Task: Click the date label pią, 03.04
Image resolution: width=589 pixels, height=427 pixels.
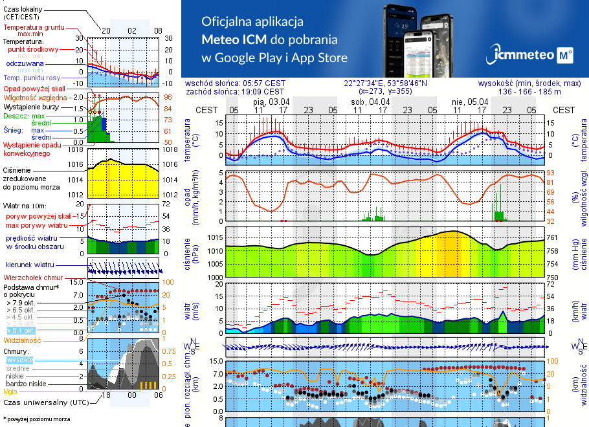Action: pyautogui.click(x=271, y=102)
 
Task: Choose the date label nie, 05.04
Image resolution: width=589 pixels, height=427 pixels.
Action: pyautogui.click(x=469, y=102)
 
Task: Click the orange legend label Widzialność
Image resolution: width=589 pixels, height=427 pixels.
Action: pyautogui.click(x=22, y=340)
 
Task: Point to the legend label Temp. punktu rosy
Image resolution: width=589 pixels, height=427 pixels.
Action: pyautogui.click(x=32, y=78)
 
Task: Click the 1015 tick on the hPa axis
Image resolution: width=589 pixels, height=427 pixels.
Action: pyautogui.click(x=214, y=238)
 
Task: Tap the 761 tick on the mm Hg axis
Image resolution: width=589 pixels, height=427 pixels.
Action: pyautogui.click(x=553, y=238)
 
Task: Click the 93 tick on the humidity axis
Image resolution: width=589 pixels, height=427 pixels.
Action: pyautogui.click(x=551, y=173)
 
